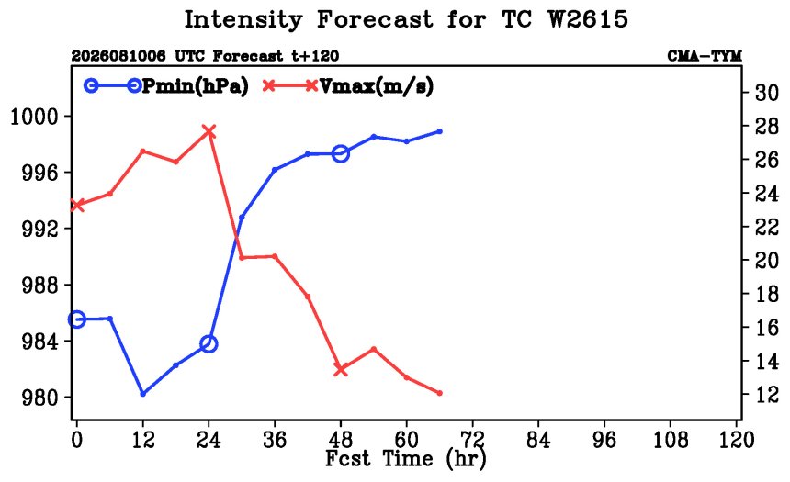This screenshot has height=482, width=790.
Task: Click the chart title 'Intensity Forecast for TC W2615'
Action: click(406, 20)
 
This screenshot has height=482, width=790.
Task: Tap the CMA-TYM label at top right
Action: click(705, 55)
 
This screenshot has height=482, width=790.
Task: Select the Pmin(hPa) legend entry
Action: click(166, 86)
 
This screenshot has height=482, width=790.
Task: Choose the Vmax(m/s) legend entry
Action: click(348, 86)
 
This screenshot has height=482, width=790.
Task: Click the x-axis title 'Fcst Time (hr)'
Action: click(406, 458)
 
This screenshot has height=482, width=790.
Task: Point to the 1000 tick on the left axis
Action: click(35, 117)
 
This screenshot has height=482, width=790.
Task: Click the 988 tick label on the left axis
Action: click(39, 286)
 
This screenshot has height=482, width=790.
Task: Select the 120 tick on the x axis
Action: click(736, 440)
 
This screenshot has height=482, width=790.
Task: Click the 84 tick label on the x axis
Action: click(538, 440)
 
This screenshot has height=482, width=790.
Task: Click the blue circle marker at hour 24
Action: click(209, 344)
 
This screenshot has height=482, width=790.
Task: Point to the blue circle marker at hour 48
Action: click(341, 153)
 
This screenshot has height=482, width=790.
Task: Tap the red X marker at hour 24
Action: click(209, 132)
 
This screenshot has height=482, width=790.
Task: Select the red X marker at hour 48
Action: click(341, 369)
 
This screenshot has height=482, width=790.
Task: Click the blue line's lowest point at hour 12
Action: click(142, 393)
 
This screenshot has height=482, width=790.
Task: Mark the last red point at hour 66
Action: click(439, 393)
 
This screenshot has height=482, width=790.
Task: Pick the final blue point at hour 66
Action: click(439, 131)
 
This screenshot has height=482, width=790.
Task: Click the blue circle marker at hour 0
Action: click(76, 319)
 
